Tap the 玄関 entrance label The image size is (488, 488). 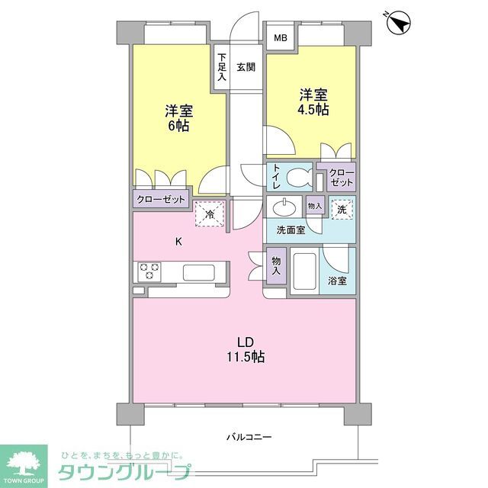pos(246,66)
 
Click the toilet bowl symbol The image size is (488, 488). pos(297,179)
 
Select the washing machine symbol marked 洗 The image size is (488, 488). pos(341,208)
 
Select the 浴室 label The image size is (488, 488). pos(337,281)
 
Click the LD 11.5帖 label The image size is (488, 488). pos(244,348)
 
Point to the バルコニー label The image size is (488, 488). pos(249,437)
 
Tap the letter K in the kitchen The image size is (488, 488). pos(179,242)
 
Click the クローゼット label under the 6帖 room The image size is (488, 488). pos(160,200)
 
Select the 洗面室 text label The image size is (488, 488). pos(291,230)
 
